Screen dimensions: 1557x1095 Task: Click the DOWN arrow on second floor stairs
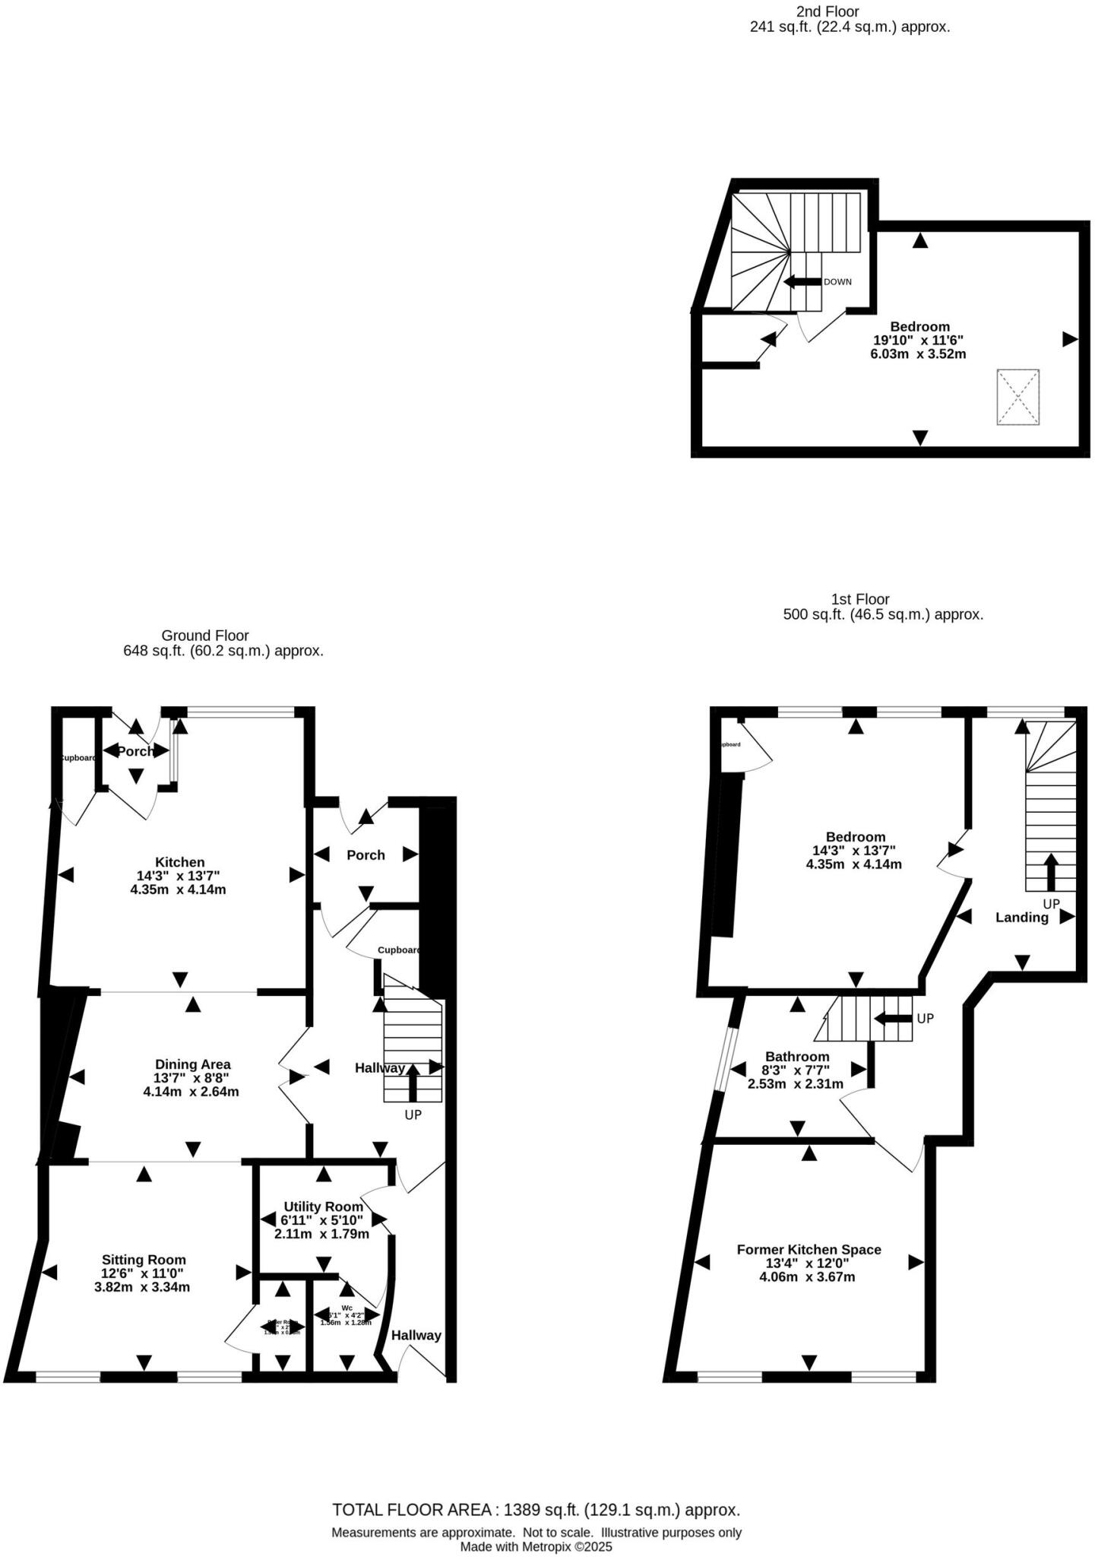802,282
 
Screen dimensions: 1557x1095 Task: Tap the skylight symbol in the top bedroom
1017,397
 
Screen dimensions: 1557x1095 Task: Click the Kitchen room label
179,862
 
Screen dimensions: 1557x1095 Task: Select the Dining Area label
192,1064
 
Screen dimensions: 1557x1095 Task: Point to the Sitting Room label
144,1260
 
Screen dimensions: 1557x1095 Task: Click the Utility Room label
323,1207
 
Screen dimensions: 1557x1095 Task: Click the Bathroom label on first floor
797,1057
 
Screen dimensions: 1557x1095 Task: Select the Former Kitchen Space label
809,1249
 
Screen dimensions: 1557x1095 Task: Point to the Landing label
1021,918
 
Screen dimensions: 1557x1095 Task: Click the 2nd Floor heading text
828,11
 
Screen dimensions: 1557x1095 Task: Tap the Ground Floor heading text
204,636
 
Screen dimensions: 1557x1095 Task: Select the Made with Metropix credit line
536,1546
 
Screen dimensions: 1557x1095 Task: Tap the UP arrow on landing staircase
1051,872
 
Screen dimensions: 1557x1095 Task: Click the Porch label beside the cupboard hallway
366,855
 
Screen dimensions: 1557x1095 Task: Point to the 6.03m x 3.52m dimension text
918,354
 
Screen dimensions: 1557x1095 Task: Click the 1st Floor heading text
859,599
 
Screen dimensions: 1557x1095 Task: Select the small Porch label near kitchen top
135,751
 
